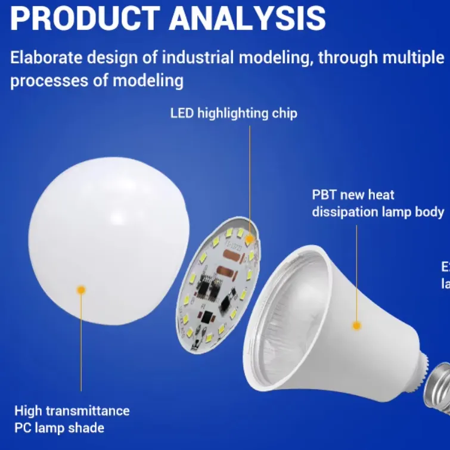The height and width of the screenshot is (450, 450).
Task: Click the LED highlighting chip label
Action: [x=234, y=113]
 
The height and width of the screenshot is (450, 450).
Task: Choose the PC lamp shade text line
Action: [x=59, y=427]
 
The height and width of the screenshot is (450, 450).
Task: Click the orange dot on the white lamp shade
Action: [x=81, y=290]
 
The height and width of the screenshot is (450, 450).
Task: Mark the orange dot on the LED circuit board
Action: [x=249, y=238]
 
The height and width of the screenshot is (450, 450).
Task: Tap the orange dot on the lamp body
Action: [x=356, y=325]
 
